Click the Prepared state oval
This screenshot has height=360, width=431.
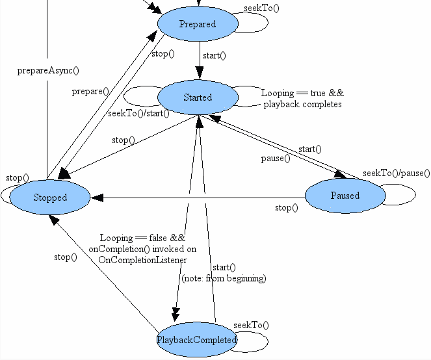pyautogui.click(x=198, y=23)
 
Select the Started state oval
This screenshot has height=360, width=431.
pyautogui.click(x=198, y=97)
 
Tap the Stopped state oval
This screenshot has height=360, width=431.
pyautogui.click(x=50, y=198)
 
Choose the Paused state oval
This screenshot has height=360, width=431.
pyautogui.click(x=345, y=196)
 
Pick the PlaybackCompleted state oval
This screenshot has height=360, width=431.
pyautogui.click(x=197, y=340)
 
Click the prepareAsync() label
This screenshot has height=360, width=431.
pyautogui.click(x=48, y=71)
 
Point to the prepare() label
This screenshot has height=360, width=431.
pyautogui.click(x=90, y=91)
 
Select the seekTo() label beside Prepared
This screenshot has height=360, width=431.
pyautogui.click(x=261, y=8)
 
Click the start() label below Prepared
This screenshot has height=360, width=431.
pyautogui.click(x=215, y=55)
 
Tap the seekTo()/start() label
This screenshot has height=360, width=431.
pyautogui.click(x=139, y=113)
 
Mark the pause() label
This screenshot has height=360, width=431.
pyautogui.click(x=276, y=159)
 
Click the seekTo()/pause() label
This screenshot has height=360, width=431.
pyautogui.click(x=397, y=173)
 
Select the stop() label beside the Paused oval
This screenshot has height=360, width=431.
pyautogui.click(x=287, y=207)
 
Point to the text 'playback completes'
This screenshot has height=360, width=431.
pyautogui.click(x=303, y=105)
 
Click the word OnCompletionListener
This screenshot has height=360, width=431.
pyautogui.click(x=142, y=260)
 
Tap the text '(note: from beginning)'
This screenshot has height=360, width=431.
pyautogui.click(x=224, y=278)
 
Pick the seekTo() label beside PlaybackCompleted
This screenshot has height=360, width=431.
pyautogui.click(x=251, y=326)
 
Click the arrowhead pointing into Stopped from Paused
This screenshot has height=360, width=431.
pyautogui.click(x=97, y=198)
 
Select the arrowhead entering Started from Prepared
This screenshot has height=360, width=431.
pyautogui.click(x=200, y=73)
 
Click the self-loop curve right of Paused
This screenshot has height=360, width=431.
pyautogui.click(x=415, y=194)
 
